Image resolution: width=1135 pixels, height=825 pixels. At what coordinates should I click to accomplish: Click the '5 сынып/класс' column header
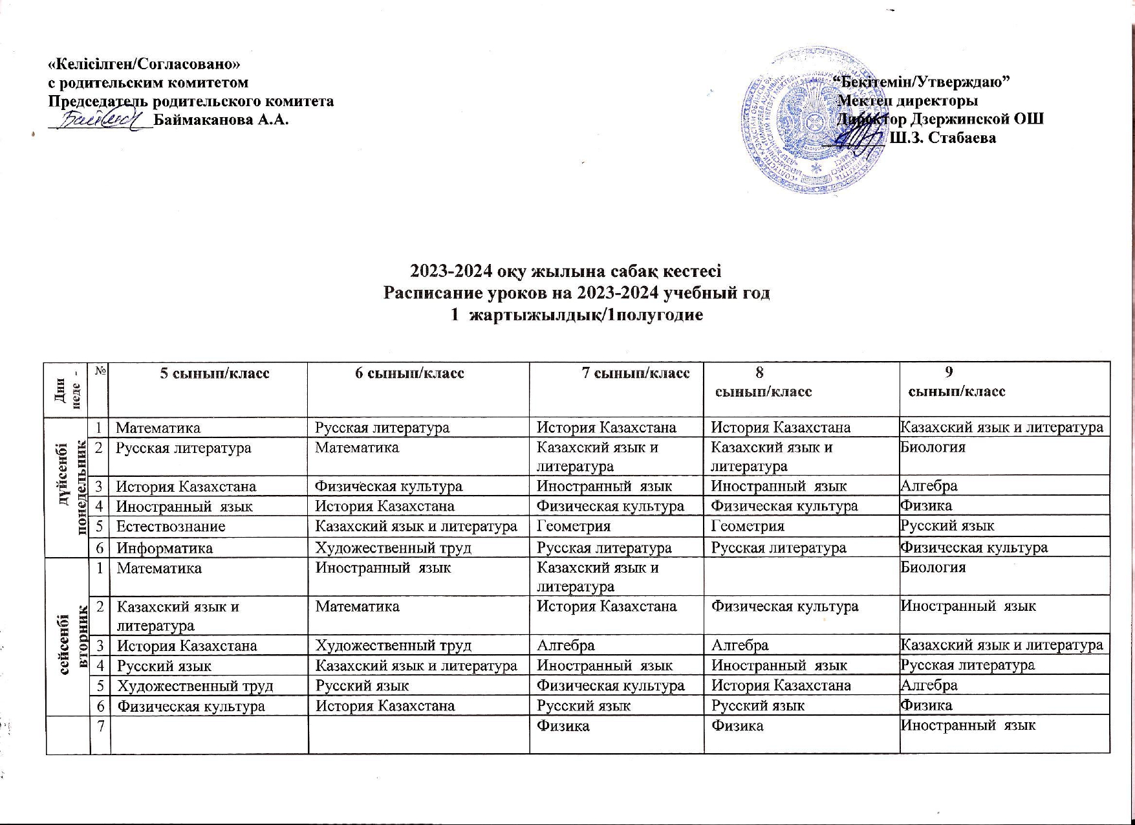tap(215, 373)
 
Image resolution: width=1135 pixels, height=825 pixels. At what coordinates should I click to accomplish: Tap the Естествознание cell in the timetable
tap(171, 527)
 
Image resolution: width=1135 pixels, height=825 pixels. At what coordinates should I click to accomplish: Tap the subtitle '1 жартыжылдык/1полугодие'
tap(576, 316)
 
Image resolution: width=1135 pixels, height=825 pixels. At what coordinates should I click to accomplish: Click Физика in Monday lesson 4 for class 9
tap(926, 505)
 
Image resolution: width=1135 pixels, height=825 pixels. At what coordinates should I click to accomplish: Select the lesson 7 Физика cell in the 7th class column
tap(563, 726)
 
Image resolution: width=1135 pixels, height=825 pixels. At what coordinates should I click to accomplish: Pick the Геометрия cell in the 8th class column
tap(748, 527)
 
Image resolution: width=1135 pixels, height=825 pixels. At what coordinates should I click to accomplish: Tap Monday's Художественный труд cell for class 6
tap(393, 548)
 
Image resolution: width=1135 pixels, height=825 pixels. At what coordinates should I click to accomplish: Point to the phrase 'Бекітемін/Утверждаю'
tap(922, 82)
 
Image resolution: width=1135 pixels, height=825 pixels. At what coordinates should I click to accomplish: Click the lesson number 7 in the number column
tap(100, 726)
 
